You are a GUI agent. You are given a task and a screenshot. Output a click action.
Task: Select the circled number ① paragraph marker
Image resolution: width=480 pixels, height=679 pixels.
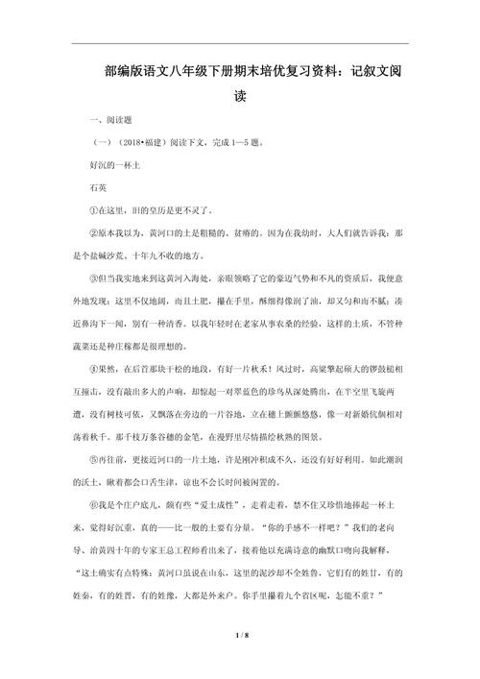92,210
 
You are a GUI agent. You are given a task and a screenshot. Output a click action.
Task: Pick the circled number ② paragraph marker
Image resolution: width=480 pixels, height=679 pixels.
92,232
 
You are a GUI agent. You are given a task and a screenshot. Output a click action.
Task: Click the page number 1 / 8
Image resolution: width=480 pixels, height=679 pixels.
240,636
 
